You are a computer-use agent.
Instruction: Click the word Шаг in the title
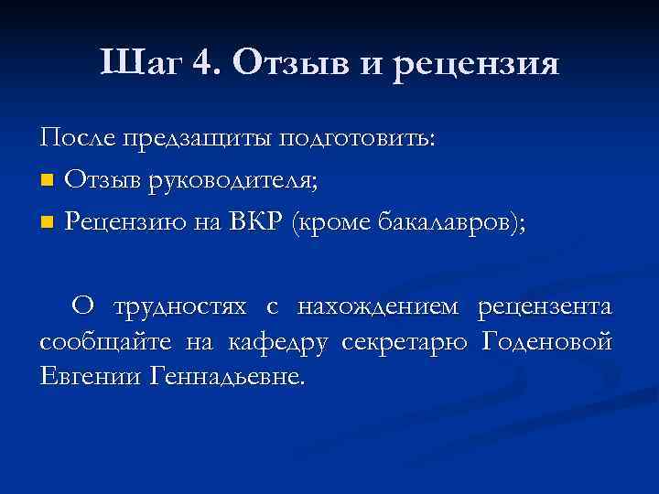[x=145, y=63]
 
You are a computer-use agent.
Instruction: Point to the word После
[x=70, y=138]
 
